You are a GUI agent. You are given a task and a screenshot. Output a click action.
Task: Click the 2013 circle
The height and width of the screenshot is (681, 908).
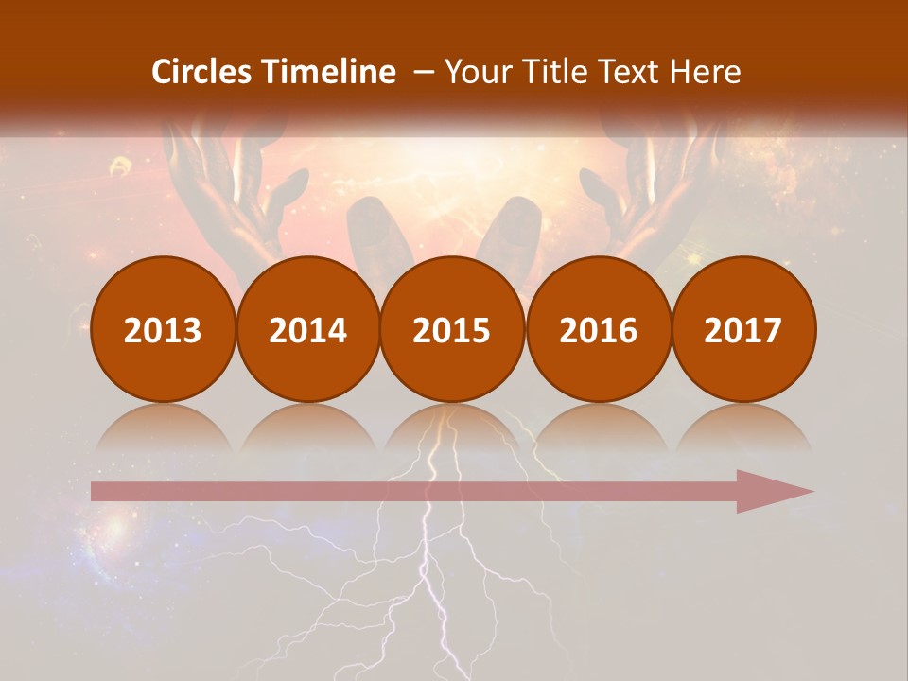[x=163, y=329]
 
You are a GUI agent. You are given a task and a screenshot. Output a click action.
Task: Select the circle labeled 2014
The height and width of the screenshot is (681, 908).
[x=307, y=329]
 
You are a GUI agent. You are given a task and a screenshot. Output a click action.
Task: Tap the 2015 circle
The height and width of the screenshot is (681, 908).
[x=452, y=329]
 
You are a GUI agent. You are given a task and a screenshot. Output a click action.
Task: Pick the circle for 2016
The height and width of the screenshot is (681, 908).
[x=598, y=329]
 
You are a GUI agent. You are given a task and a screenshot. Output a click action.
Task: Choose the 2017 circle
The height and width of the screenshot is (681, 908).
[x=742, y=329]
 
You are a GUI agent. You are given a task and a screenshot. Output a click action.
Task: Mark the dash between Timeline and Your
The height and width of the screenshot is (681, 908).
[x=424, y=73]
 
